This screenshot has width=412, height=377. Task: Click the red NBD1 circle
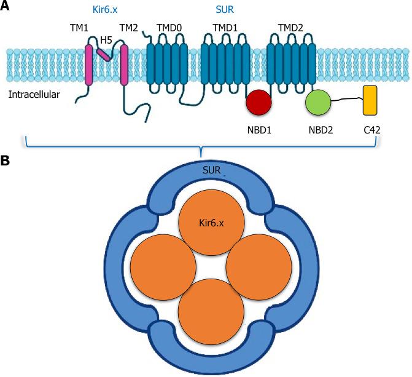tap(258, 103)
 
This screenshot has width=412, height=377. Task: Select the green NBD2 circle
tap(319, 103)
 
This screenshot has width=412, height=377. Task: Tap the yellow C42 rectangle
tap(370, 100)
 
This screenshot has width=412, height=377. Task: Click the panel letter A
tap(5, 6)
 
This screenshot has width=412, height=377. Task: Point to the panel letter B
tap(5, 161)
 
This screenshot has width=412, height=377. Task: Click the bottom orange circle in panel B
tap(211, 311)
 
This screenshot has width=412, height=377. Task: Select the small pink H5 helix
tap(105, 56)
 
